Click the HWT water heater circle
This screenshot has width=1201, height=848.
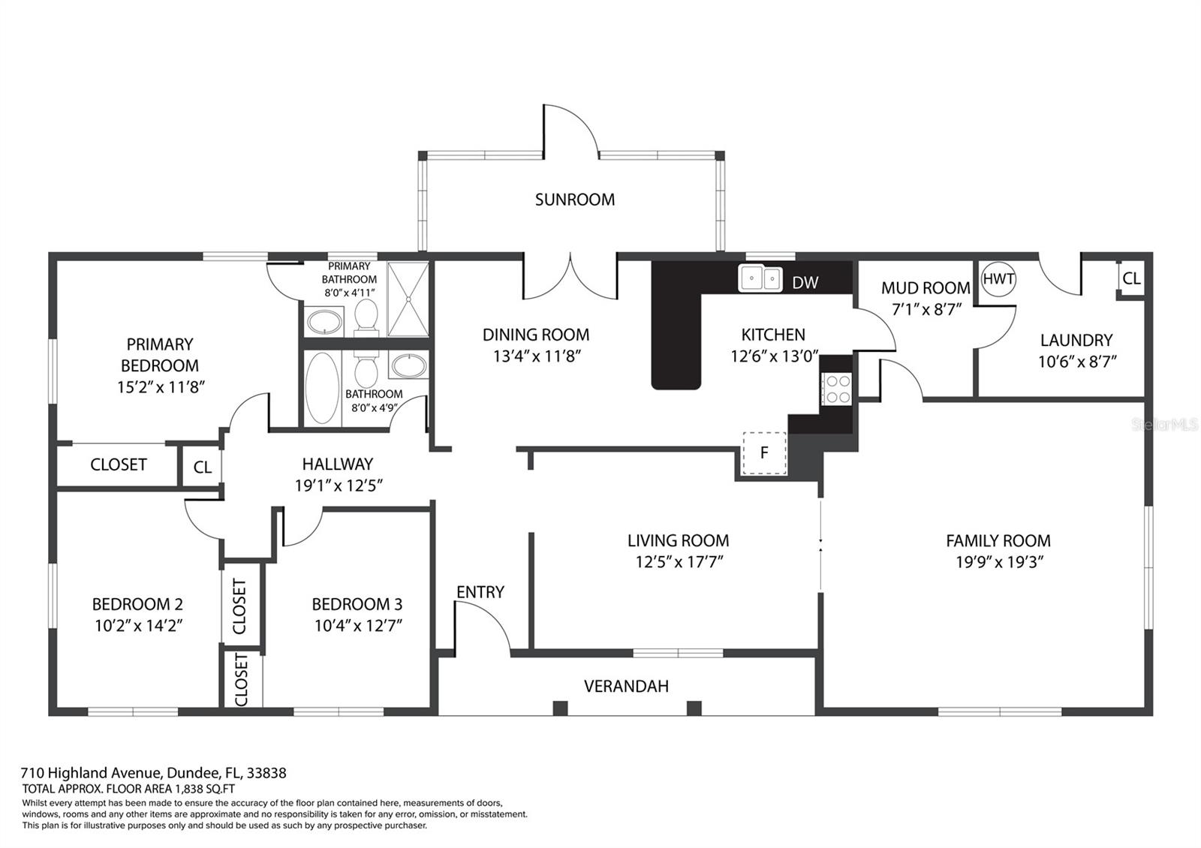998,279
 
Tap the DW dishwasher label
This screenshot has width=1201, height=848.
805,283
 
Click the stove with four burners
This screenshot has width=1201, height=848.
837,389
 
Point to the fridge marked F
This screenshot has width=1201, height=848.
764,453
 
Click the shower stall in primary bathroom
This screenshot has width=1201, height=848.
408,299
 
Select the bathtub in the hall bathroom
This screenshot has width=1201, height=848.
323,389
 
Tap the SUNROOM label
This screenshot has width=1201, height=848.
574,200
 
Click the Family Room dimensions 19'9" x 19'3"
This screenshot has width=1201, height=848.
998,562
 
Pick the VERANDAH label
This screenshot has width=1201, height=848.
626,686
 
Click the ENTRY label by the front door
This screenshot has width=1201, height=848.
480,592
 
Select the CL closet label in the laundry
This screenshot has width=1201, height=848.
1131,278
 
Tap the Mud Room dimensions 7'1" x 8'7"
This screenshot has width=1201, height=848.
926,308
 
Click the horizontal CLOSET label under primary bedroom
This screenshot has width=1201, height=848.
118,465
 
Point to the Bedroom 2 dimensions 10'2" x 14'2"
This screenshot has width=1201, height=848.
137,626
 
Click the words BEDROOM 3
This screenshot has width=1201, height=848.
357,604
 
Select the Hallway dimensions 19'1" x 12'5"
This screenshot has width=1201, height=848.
339,486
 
